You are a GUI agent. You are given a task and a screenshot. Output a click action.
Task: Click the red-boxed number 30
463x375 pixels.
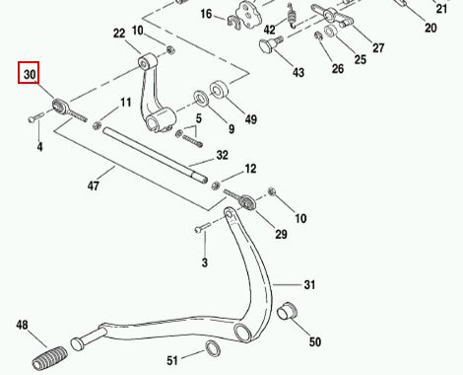30,74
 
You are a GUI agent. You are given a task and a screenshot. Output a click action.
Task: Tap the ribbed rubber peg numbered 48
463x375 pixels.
50,357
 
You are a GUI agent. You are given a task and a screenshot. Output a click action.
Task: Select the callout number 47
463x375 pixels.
94,186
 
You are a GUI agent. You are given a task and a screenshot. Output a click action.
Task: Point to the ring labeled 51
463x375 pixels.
213,349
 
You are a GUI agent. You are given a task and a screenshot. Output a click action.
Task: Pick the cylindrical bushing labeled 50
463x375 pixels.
287,311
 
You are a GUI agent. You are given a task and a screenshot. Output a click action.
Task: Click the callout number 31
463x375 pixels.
309,284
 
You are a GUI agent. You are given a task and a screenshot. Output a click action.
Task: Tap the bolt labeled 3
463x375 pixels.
203,227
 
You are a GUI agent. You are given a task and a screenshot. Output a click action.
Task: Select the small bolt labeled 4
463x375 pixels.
36,117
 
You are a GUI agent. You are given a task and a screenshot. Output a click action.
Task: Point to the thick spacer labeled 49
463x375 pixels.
219,90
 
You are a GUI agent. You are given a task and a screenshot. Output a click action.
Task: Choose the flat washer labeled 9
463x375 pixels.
201,99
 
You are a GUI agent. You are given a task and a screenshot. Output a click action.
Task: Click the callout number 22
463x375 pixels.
119,34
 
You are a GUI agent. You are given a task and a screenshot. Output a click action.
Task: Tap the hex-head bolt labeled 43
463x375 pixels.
271,44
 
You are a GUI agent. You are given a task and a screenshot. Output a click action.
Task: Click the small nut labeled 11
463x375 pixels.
98,125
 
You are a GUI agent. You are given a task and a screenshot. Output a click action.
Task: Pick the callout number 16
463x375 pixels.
206,14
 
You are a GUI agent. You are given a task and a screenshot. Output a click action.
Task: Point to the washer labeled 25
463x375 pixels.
330,31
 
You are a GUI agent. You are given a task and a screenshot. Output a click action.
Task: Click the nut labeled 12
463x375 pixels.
216,186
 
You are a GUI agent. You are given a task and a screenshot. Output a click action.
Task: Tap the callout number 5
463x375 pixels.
199,118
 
